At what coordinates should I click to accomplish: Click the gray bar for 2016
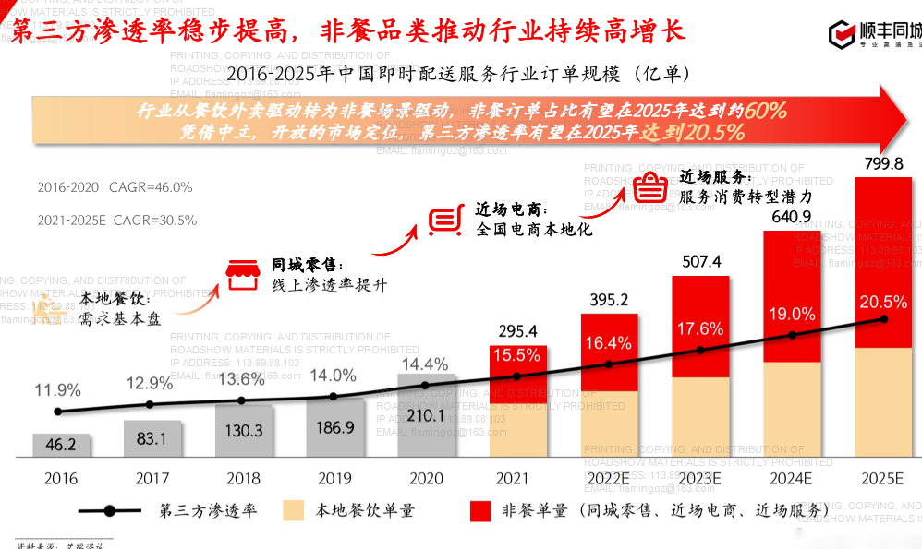coord(61,445)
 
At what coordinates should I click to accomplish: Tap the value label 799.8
coord(884,164)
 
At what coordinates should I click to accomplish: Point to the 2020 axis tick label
coord(426,478)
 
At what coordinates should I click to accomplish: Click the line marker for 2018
coord(242,400)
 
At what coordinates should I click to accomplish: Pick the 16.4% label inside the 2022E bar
coord(609,343)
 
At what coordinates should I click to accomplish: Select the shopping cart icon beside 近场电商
coord(445,218)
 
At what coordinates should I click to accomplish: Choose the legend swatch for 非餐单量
coord(480,510)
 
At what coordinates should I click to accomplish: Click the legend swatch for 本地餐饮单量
coord(295,510)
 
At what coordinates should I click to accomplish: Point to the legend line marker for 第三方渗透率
coord(110,510)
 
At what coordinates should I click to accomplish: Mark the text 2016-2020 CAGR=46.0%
coord(115,187)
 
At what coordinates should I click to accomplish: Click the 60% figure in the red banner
coord(766,112)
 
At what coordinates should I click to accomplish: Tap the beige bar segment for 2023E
coord(700,415)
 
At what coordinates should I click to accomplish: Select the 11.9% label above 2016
coord(57,389)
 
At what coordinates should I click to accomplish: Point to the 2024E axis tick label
coord(790,478)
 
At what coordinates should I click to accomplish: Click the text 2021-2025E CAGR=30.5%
coord(117,221)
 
